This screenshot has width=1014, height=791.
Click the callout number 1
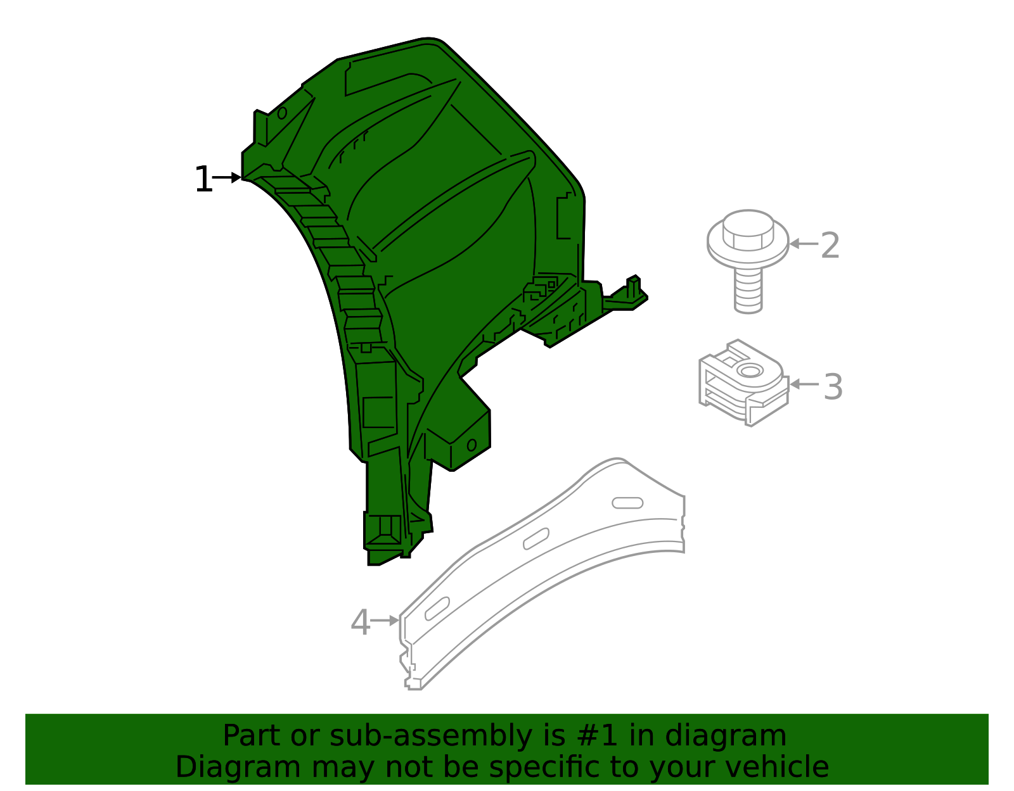click(x=203, y=180)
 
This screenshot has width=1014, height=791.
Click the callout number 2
click(x=830, y=246)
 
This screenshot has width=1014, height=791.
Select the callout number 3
click(x=833, y=387)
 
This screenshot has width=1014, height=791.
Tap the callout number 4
click(x=360, y=623)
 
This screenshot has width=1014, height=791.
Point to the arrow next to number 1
click(x=227, y=177)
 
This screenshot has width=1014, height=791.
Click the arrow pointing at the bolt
click(x=804, y=243)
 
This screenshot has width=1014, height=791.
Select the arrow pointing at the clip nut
click(x=804, y=384)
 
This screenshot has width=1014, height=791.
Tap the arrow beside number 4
click(x=384, y=621)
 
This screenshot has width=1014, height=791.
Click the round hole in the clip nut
click(x=751, y=371)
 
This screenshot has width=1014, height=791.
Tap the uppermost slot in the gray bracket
click(x=627, y=503)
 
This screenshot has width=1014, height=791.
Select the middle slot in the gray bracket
click(x=536, y=538)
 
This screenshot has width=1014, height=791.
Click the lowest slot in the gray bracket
click(x=437, y=609)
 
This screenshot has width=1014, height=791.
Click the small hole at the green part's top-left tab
click(x=281, y=113)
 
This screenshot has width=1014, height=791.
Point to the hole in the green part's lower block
click(x=472, y=445)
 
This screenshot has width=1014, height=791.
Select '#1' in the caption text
click(x=599, y=736)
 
